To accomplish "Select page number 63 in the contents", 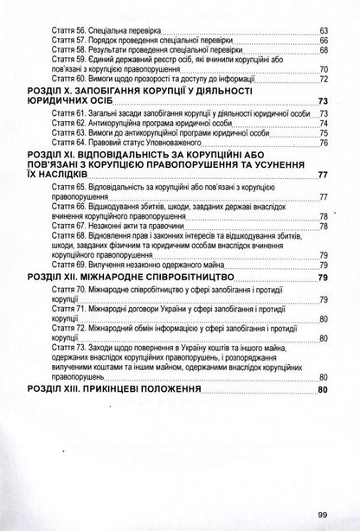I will pos(323,29).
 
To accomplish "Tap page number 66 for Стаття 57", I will pos(323,41).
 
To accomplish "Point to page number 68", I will pos(323,52).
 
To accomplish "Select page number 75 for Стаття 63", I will pos(323,145).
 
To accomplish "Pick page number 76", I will pos(323,157).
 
